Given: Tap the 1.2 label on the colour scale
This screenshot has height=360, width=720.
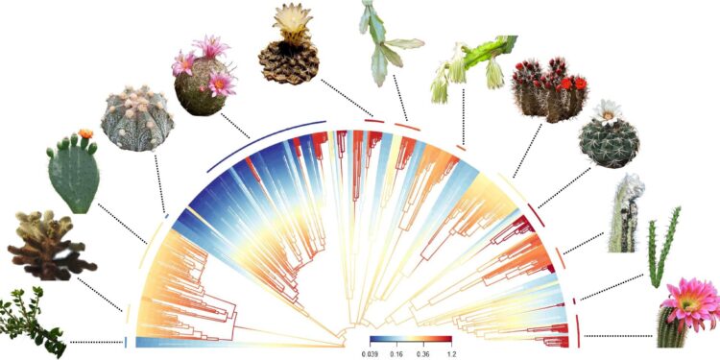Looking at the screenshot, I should [x=449, y=353].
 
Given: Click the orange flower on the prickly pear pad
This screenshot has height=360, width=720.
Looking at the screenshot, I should [x=85, y=133].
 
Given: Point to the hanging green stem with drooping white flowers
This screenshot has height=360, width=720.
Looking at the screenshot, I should [x=470, y=63].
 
